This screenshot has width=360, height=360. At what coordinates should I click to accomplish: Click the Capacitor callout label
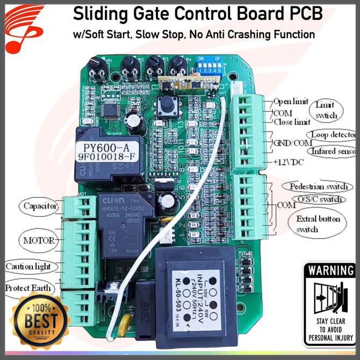pyautogui.click(x=40, y=205)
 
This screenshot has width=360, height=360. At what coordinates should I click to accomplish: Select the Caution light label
pyautogui.click(x=28, y=267)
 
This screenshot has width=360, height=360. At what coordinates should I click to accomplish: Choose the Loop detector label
pyautogui.click(x=332, y=134)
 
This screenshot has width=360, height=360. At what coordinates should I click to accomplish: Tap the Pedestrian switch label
pyautogui.click(x=318, y=186)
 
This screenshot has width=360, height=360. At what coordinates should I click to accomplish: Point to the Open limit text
pyautogui.click(x=290, y=102)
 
